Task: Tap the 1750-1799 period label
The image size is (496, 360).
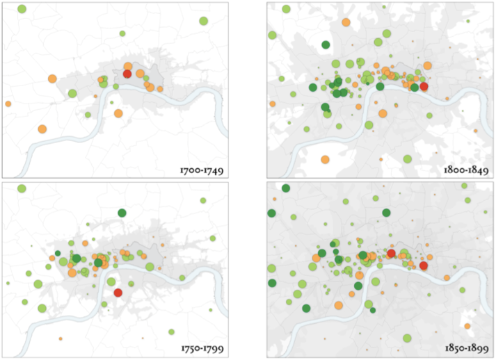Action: pos(200,347)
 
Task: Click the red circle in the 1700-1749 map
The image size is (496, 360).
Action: pos(127,73)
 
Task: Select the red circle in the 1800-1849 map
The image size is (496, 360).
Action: pos(424,86)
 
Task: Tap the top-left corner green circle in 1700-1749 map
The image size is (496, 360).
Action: pos(22,9)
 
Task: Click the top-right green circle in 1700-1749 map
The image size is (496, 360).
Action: pos(202,22)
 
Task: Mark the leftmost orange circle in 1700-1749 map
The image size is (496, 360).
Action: pos(8,104)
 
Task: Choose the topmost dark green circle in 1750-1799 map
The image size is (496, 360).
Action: pos(122,212)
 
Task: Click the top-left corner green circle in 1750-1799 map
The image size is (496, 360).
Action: pos(22,188)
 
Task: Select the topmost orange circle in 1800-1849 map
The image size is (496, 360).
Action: pos(346,22)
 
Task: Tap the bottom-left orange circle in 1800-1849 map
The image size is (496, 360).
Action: pos(325,159)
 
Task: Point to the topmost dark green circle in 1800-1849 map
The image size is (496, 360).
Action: pos(325,45)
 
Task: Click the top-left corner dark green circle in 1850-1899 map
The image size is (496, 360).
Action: pos(285,188)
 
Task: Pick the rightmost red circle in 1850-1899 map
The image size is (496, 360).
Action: pos(424,265)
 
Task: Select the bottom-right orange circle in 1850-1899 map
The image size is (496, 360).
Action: pos(467,325)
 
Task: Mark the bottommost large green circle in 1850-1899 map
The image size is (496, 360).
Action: pos(407,338)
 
